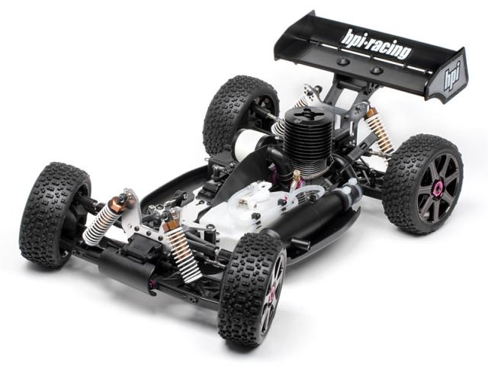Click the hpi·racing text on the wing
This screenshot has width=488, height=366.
376,45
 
